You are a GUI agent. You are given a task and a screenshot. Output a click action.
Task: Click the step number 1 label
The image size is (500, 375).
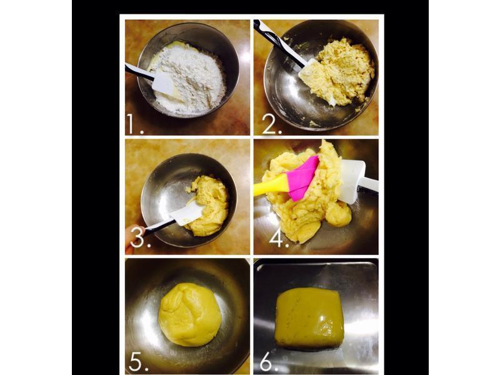(135, 124)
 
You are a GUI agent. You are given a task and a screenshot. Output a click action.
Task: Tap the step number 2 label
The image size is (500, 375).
(272, 124)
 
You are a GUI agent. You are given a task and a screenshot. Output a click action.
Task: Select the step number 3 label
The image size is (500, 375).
(140, 237)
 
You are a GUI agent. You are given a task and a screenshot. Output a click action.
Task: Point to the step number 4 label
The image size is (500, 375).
(279, 237)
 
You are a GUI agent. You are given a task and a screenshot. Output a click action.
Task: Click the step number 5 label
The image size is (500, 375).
(139, 362)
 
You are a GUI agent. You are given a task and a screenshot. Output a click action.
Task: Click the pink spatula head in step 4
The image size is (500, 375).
(302, 179)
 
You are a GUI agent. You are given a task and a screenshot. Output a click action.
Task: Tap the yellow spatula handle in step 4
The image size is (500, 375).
(271, 186)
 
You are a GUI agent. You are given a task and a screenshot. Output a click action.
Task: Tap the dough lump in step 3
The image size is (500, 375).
(209, 206)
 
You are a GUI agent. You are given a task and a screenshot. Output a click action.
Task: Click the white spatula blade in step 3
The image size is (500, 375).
(187, 213)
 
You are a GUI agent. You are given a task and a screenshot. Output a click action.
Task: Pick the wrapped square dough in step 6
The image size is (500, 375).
(309, 318)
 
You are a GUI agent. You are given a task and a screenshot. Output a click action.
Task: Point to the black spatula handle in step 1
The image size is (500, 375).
(139, 72)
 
